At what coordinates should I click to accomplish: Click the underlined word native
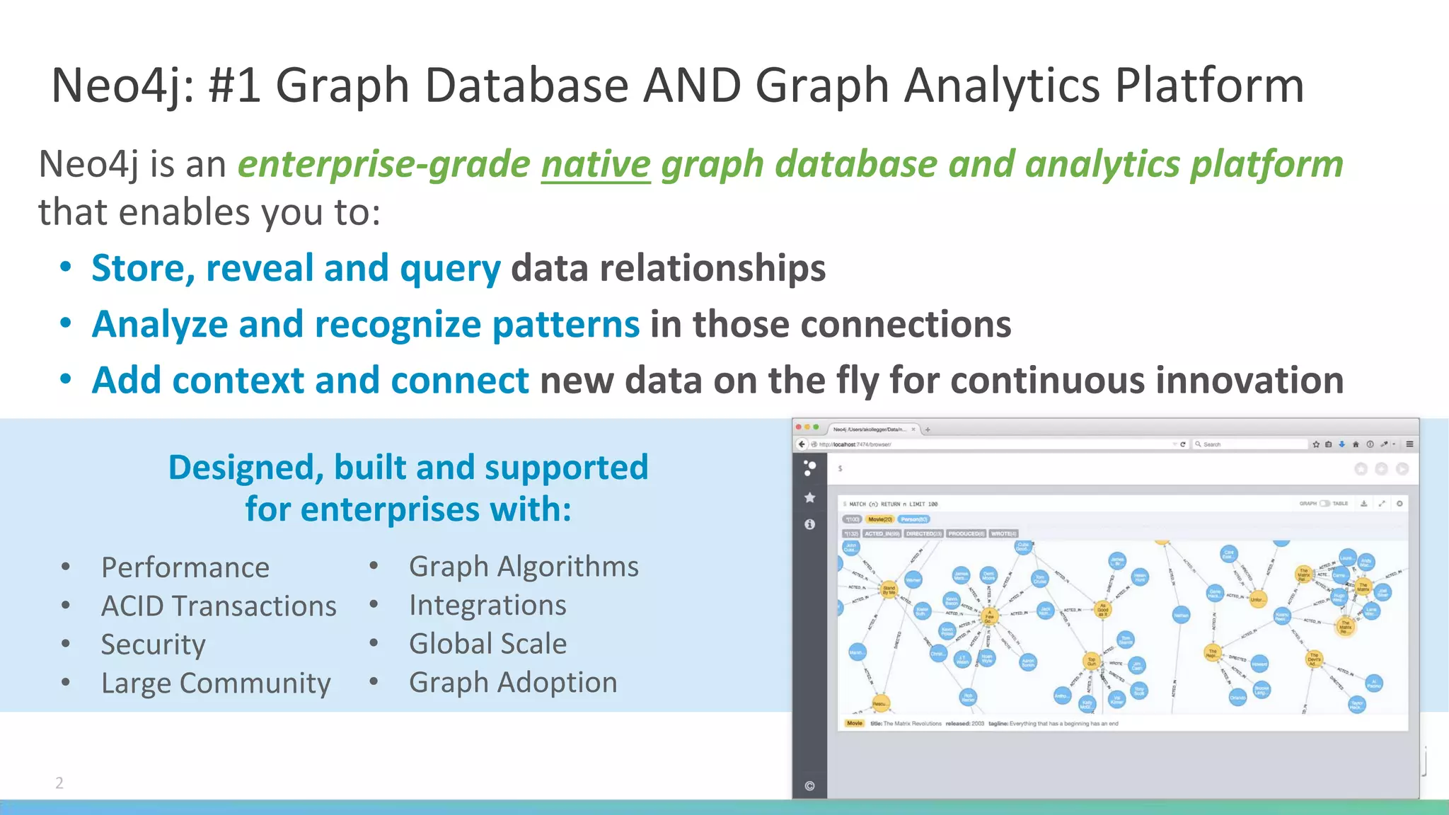coord(596,165)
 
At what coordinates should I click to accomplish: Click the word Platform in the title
coord(1209,86)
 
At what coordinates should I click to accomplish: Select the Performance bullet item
coord(185,567)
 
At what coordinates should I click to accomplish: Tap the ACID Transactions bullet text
coord(219,606)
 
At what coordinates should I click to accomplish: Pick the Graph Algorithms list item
coord(524,567)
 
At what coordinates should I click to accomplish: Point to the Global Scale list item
coord(487,644)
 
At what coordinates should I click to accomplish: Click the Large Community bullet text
coord(216,683)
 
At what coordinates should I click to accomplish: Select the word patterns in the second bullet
coord(566,325)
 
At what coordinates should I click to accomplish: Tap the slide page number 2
coord(59,782)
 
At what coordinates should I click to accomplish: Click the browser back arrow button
coord(802,444)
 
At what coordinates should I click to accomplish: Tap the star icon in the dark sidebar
coord(810,497)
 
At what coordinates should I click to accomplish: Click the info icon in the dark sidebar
coord(810,524)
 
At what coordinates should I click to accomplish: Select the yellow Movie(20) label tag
coord(880,519)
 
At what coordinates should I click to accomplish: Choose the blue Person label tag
coord(914,519)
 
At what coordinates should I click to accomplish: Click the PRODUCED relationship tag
coord(966,533)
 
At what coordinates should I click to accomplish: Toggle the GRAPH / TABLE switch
coord(1324,504)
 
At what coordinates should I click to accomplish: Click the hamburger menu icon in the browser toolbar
coord(1409,444)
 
